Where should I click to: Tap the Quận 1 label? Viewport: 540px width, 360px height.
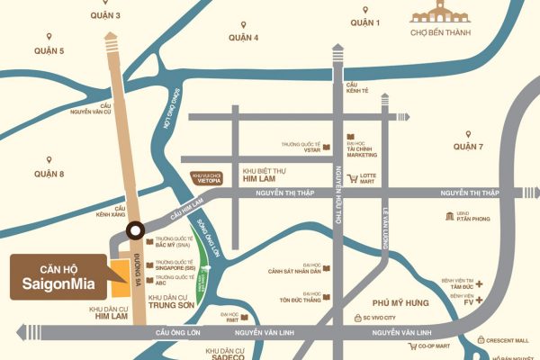[365, 22]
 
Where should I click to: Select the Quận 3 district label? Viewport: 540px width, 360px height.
[104, 16]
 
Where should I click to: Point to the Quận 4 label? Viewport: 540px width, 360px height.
[243, 37]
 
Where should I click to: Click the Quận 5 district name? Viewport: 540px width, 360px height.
[49, 50]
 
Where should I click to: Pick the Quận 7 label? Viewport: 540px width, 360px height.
[468, 146]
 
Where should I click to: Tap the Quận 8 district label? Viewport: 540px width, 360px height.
[49, 172]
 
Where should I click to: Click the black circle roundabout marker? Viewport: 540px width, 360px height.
[136, 229]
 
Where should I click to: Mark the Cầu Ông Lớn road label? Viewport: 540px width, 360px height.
[175, 333]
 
